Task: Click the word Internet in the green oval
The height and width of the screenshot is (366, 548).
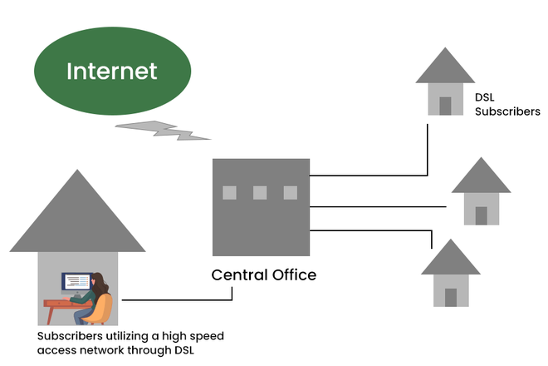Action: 111,72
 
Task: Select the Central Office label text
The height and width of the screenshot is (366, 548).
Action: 263,274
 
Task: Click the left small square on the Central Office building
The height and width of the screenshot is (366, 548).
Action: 229,193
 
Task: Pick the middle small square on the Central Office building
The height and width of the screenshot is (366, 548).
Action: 260,193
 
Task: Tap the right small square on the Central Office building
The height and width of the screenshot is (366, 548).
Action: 290,193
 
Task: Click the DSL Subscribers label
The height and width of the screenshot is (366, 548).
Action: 506,104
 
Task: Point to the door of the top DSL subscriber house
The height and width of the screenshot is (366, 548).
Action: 445,106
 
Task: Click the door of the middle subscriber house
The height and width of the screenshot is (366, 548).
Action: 481,215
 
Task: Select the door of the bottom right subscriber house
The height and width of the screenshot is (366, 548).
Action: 450,297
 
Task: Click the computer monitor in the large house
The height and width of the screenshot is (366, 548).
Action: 76,283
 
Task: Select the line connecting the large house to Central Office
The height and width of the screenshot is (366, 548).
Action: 174,299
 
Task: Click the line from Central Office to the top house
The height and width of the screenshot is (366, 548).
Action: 369,176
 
